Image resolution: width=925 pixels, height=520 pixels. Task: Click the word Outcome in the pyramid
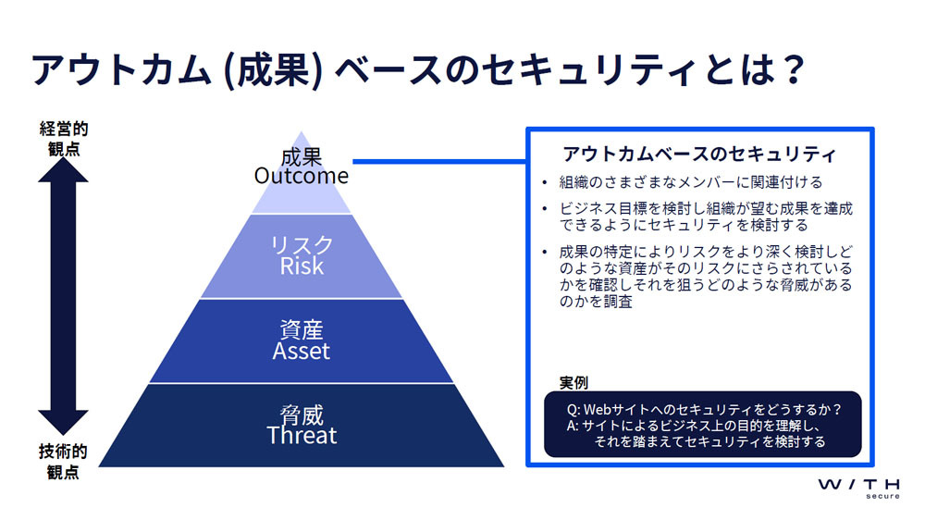(301, 176)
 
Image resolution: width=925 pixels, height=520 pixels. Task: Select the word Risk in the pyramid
(302, 266)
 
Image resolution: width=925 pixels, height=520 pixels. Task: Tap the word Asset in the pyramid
(301, 352)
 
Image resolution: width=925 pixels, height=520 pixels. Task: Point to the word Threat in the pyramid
(302, 436)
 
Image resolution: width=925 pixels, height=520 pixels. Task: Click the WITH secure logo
(859, 489)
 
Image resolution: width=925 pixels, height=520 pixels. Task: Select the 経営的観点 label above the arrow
(63, 139)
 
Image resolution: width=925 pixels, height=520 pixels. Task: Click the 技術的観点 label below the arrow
(63, 462)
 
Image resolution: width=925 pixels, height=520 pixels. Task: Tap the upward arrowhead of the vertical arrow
(63, 170)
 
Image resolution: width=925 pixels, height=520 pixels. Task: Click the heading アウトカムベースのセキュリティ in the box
(699, 154)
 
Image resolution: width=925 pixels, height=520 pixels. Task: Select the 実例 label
(573, 382)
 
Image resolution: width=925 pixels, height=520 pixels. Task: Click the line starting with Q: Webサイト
(704, 409)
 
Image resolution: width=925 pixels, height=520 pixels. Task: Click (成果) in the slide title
(274, 70)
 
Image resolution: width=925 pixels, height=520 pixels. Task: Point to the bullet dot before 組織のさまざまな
(545, 182)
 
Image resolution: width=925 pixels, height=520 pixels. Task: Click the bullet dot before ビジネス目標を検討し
(545, 209)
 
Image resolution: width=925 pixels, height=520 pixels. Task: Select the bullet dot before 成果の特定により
(545, 253)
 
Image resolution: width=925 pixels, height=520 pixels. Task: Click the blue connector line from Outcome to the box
(439, 161)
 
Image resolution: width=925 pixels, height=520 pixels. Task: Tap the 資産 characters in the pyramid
(302, 330)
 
